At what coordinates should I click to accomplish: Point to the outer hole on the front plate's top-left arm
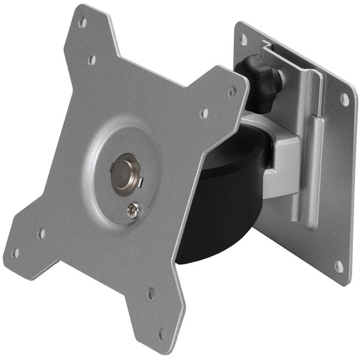tap(83, 23)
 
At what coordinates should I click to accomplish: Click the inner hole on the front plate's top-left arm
tap(92, 59)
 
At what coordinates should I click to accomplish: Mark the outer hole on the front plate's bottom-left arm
tap(15, 253)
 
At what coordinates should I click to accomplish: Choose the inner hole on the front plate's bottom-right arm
tap(151, 293)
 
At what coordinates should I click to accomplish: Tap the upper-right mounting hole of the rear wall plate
tap(344, 100)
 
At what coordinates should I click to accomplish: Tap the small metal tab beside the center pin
tap(140, 180)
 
